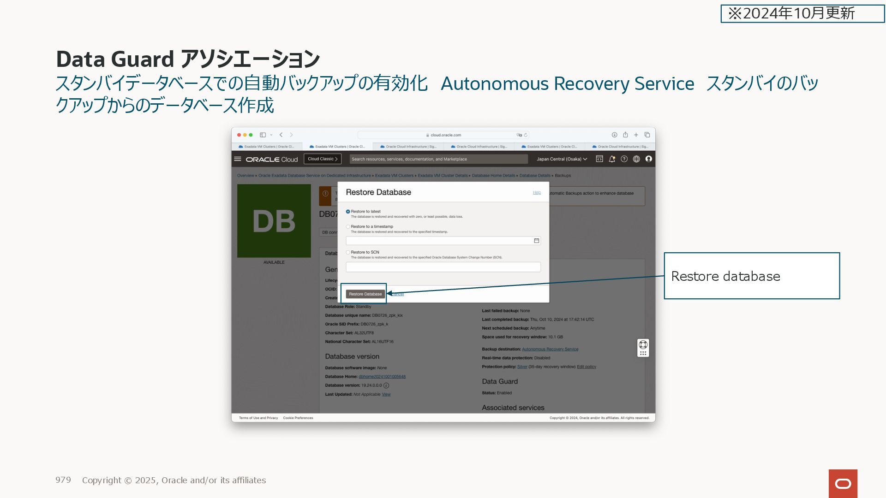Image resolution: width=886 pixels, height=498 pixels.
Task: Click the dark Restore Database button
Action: tap(365, 294)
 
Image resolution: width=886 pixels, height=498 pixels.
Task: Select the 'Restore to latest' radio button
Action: tap(348, 212)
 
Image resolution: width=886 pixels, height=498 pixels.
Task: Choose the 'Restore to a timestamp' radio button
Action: tap(348, 227)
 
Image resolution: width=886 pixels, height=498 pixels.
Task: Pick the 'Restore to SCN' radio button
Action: tap(348, 253)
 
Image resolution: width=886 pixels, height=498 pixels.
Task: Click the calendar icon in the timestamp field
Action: tap(536, 241)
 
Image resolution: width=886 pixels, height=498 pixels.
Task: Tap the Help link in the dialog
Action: tap(537, 193)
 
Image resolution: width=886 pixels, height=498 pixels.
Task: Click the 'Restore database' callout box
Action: tap(751, 276)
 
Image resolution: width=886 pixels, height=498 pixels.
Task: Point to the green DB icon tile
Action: tap(274, 221)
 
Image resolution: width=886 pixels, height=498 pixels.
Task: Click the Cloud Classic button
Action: tap(323, 159)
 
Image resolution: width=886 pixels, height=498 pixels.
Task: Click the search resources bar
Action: tap(438, 159)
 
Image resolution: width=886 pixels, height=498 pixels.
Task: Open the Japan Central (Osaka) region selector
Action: tap(562, 159)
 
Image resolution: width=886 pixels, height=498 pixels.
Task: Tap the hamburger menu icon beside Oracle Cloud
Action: tap(238, 159)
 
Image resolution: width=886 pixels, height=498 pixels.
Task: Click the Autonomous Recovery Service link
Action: tap(550, 349)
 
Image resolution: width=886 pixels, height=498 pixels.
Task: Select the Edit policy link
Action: tap(586, 367)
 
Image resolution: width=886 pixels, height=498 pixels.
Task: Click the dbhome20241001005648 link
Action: tap(382, 377)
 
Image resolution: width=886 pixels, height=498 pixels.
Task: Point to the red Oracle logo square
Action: tap(843, 483)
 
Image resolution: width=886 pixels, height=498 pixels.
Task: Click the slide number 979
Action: tap(63, 480)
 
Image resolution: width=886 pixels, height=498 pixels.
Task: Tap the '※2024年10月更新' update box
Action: tap(802, 13)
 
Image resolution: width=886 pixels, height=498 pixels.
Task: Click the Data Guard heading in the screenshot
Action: tap(500, 381)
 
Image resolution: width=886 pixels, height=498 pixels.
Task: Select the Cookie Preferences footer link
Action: tap(298, 418)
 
